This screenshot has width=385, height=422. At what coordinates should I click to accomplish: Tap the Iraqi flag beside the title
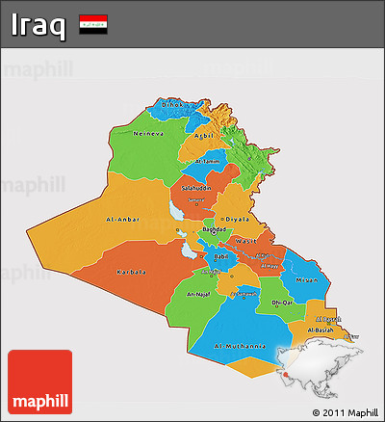click(93, 22)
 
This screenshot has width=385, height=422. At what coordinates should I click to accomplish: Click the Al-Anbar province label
click(124, 219)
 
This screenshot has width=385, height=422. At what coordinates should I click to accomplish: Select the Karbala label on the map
click(132, 272)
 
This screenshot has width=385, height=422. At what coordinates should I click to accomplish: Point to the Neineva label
click(149, 132)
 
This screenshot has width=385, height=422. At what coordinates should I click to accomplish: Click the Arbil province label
click(203, 136)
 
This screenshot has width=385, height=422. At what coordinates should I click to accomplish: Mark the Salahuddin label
click(195, 187)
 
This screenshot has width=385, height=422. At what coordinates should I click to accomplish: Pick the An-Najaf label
click(197, 293)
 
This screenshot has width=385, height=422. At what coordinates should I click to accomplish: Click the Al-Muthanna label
click(239, 344)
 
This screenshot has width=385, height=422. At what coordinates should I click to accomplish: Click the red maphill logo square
click(39, 382)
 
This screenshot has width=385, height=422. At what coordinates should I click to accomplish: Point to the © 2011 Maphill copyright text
click(346, 412)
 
